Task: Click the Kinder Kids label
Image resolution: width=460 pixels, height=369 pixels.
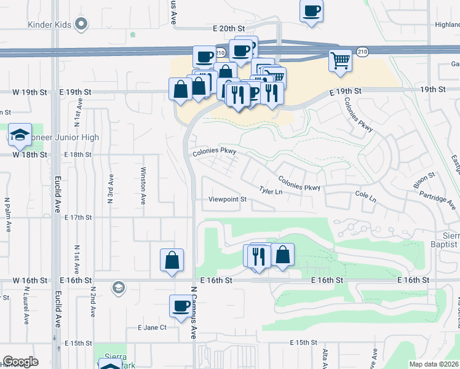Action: [x=50, y=25]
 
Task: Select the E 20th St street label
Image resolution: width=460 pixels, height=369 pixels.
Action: [x=229, y=28]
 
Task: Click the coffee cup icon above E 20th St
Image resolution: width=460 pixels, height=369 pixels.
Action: [x=311, y=11]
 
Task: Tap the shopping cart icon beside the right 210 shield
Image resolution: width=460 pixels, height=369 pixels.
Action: [x=340, y=61]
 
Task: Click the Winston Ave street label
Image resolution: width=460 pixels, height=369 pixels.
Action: [x=143, y=186]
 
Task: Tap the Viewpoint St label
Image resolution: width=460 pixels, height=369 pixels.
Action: [x=227, y=199]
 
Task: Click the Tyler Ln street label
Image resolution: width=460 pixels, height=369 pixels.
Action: [x=271, y=192]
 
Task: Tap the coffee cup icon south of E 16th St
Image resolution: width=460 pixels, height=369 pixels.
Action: [x=181, y=306]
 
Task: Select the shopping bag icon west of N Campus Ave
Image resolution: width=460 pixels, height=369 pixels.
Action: [x=172, y=260]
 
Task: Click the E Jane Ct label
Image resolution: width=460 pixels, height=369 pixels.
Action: [x=152, y=327]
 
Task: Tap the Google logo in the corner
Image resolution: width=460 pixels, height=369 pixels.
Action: [x=20, y=362]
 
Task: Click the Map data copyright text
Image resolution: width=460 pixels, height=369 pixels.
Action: [x=434, y=364]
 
